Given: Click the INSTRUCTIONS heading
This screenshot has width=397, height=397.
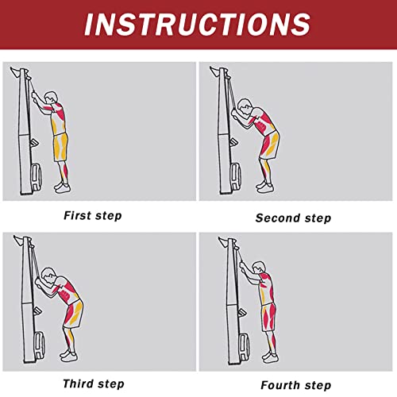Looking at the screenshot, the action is tap(197, 25).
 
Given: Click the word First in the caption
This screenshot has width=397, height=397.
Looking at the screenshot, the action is tap(77, 215).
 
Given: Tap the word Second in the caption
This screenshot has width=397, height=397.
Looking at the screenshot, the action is tap(278, 218).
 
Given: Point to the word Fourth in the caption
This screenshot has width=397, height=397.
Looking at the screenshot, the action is tap(280, 385).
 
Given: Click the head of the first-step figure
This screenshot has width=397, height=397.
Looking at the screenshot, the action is tap(51, 98).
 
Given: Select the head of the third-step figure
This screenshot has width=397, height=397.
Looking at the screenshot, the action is tap(49, 276).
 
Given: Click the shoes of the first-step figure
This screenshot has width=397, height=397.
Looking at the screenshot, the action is tap(63, 187).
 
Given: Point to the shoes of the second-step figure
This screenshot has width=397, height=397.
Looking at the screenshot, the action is tap(264, 187).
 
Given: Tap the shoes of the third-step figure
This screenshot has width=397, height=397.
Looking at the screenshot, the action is tap(69, 355).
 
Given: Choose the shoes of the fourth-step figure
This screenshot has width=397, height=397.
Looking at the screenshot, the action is tap(270, 357).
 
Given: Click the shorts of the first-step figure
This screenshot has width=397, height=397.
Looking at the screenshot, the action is tap(60, 147).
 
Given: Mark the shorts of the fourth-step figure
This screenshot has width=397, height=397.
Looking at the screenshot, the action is tap(268, 317).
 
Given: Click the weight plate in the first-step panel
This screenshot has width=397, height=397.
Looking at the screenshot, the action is tap(37, 177).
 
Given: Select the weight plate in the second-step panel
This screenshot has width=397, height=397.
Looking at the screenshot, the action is tap(236, 177).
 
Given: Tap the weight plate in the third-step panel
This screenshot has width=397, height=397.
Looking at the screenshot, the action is tap(39, 345).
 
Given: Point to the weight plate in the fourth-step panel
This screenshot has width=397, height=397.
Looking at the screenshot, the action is tap(244, 347).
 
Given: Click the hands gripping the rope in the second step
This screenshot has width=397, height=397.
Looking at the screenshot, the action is tap(235, 113).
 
